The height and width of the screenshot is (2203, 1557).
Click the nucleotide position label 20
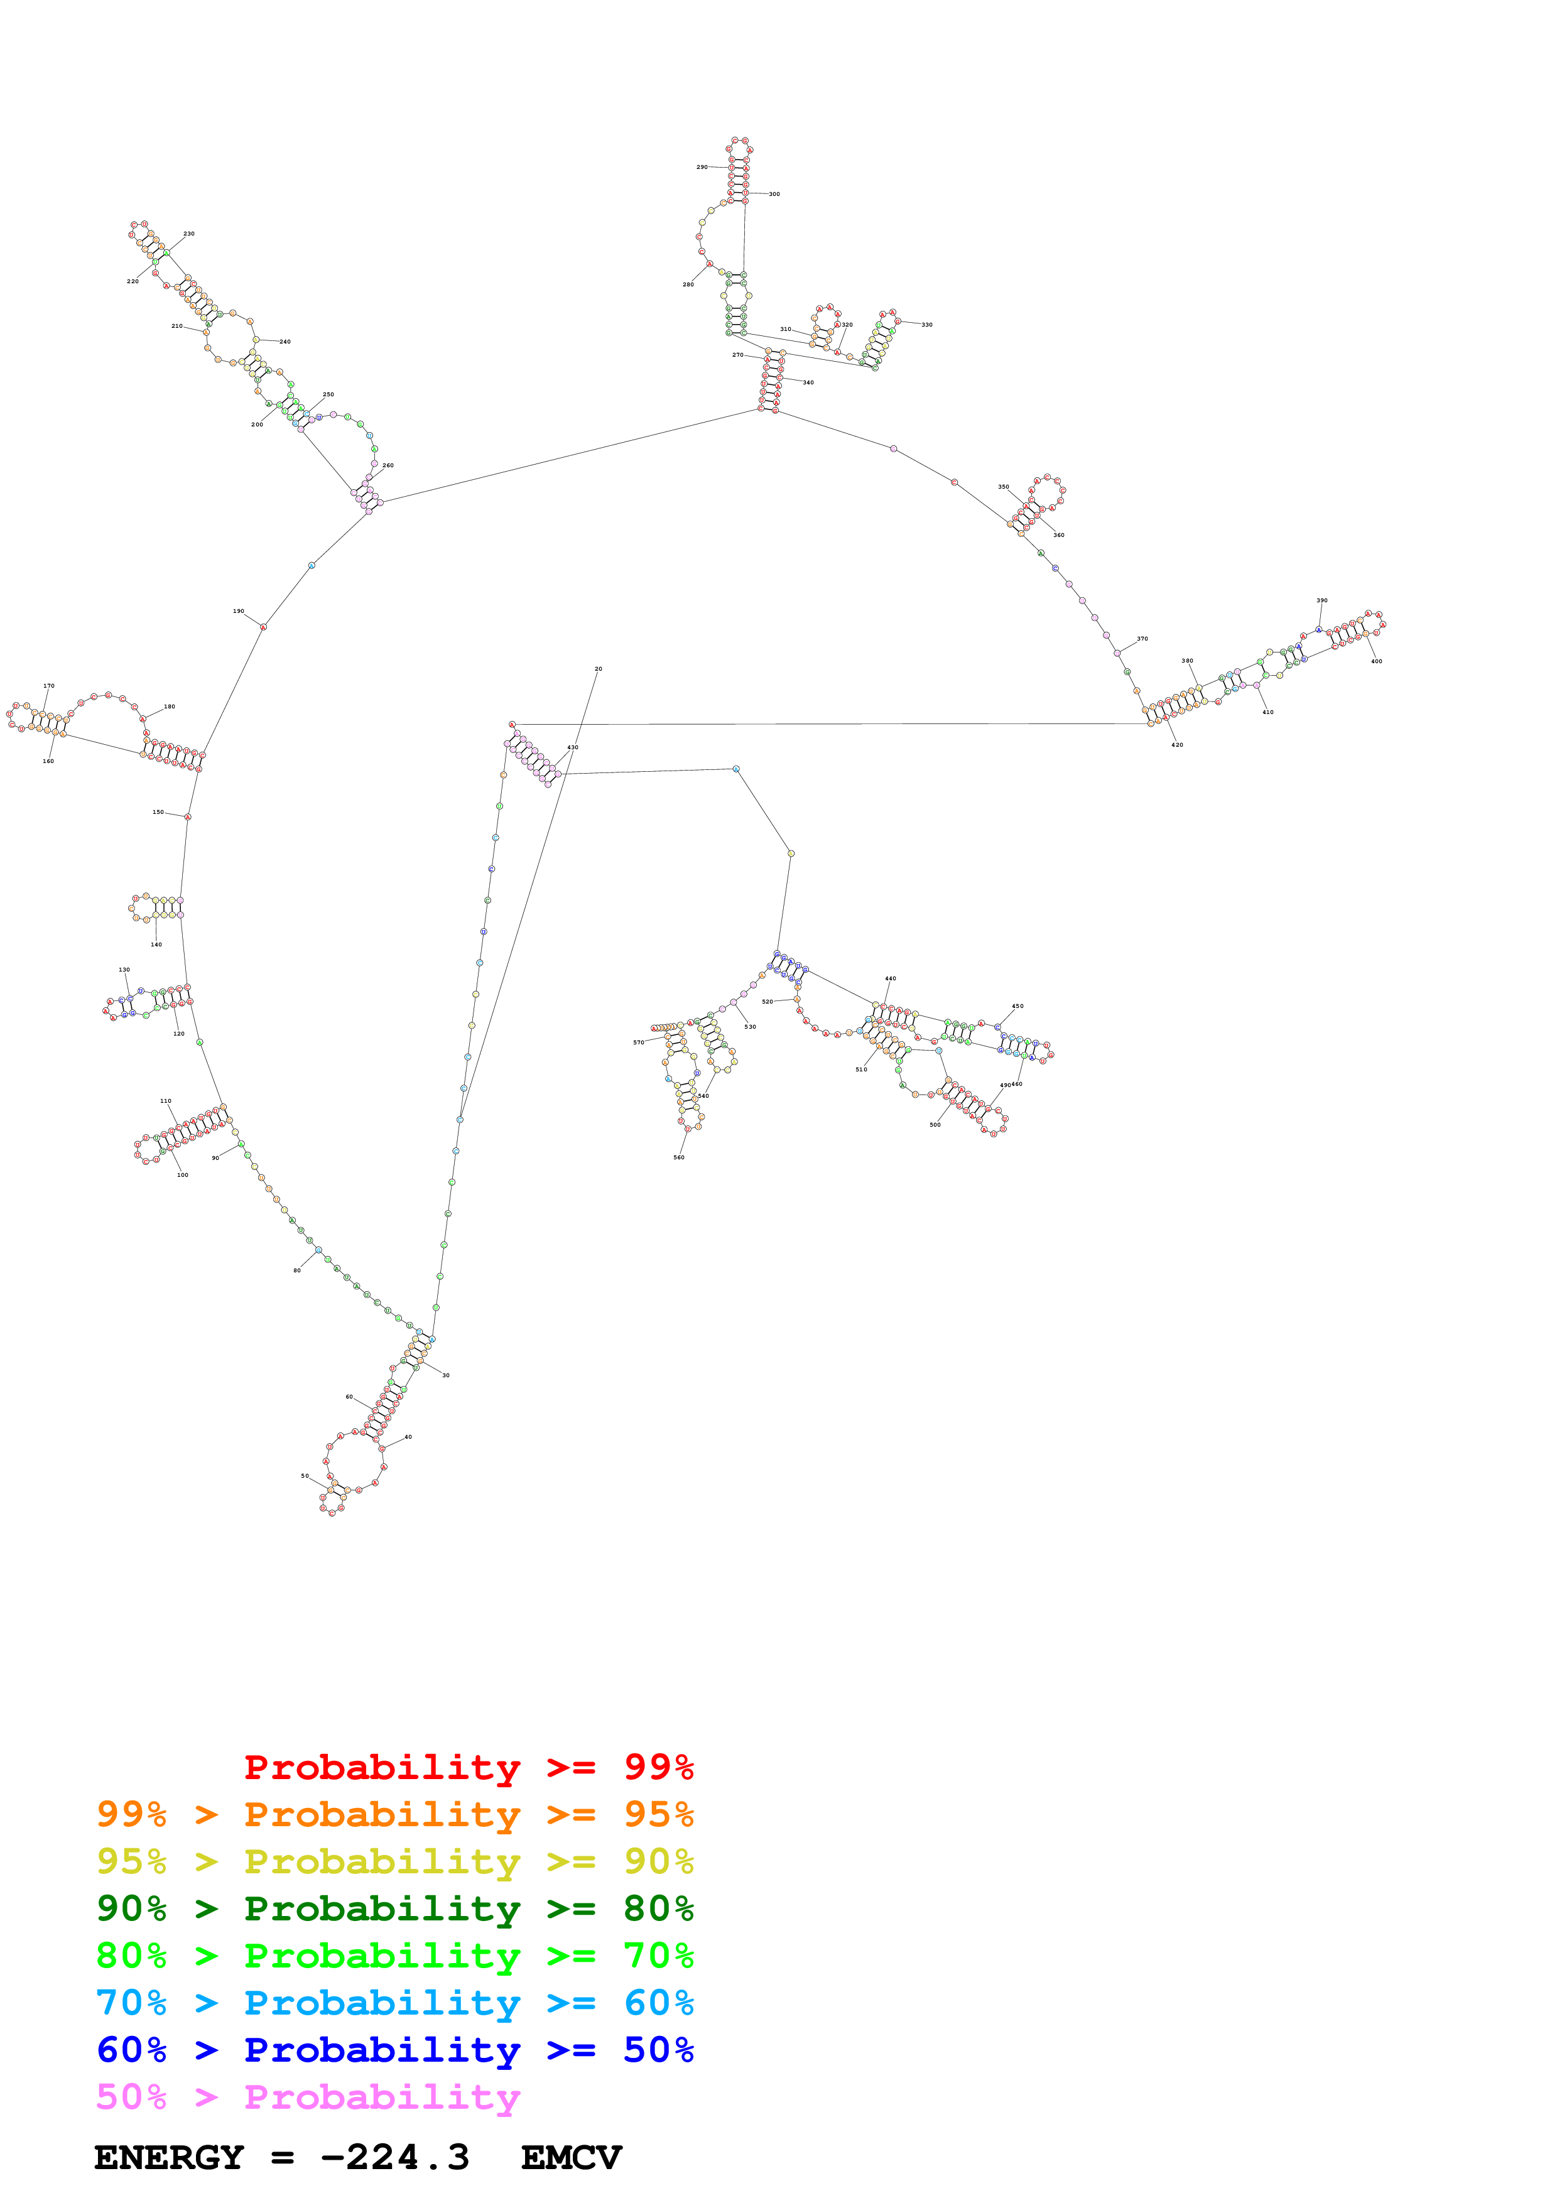[598, 669]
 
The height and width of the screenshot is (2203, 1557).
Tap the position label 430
[573, 747]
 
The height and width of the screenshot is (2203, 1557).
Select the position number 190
[238, 611]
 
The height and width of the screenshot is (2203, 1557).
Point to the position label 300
[774, 194]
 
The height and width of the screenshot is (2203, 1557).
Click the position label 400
[1377, 661]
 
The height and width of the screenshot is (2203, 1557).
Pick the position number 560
[678, 1157]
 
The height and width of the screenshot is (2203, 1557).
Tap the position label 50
[305, 1476]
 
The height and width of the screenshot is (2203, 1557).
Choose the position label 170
[49, 686]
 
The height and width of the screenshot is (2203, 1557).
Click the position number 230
[189, 233]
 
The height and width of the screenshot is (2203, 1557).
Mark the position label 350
[1004, 487]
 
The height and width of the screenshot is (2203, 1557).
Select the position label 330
[926, 324]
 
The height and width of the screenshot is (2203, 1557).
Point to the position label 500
[935, 1125]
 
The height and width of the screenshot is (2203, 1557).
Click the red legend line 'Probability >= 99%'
[468, 1767]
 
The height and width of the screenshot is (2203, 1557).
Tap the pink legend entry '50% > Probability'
[308, 2096]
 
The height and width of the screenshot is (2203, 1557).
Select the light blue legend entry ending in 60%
[394, 2003]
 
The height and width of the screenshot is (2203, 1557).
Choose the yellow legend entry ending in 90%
[394, 1861]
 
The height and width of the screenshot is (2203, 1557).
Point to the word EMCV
[571, 2157]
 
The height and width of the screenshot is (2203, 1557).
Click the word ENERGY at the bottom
[169, 2157]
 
